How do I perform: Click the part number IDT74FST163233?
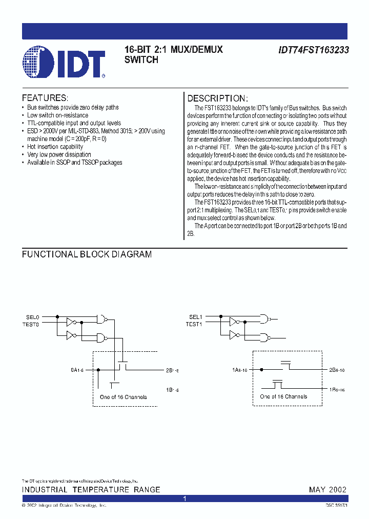click(313, 51)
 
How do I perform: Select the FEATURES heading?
click(45, 98)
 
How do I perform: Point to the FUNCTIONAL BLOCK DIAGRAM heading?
click(87, 254)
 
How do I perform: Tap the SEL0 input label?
click(33, 317)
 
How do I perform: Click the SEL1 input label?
click(195, 317)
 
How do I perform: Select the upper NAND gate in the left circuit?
click(103, 318)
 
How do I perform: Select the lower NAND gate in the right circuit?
click(265, 337)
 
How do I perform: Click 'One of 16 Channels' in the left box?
click(123, 397)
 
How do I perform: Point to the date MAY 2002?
click(327, 490)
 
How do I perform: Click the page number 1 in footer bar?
click(184, 498)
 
